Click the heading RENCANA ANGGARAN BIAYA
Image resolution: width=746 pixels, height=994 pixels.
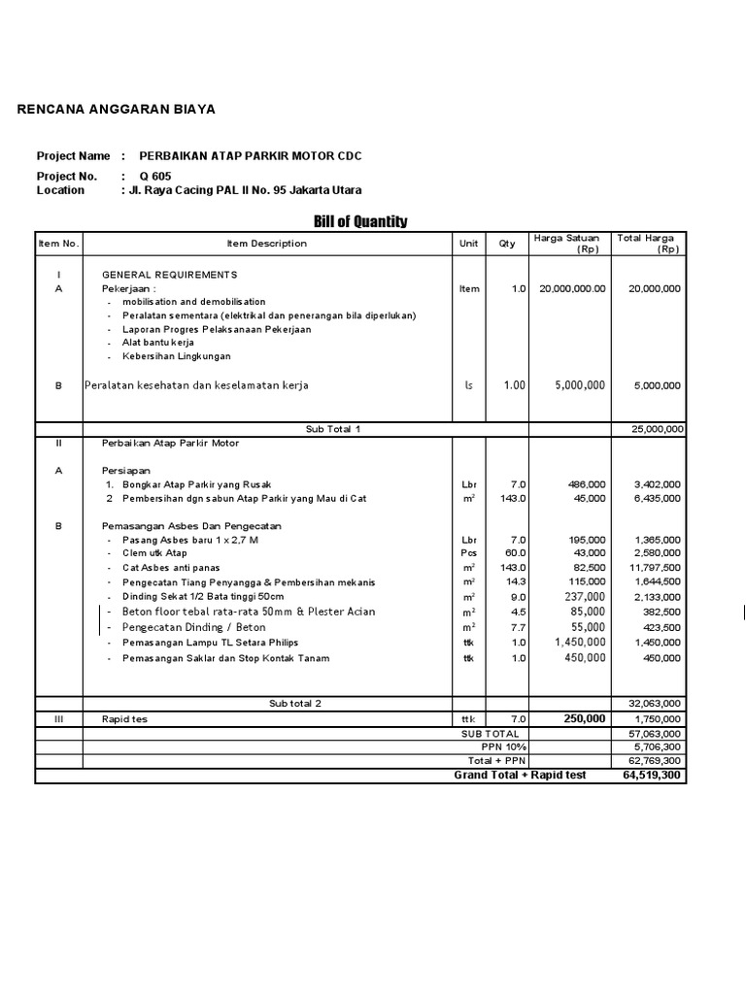117,109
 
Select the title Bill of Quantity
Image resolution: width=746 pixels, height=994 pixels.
360,221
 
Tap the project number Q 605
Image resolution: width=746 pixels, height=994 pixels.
155,176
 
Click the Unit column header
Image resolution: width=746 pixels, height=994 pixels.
469,244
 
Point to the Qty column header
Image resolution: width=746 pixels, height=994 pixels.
507,244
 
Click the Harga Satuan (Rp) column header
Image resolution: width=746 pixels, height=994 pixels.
566,243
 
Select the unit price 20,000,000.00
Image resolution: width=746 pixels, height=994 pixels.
565,288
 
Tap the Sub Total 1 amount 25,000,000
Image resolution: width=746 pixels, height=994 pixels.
658,428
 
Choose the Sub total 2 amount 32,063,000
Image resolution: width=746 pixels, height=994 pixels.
658,703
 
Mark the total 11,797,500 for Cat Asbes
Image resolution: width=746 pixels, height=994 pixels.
656,566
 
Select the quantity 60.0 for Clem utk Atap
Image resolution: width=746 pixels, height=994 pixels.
513,551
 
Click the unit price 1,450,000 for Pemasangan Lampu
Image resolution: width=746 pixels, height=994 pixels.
581,643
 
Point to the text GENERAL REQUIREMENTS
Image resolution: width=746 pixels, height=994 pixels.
169,275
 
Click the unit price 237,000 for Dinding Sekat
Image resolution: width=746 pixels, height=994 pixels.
586,597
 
